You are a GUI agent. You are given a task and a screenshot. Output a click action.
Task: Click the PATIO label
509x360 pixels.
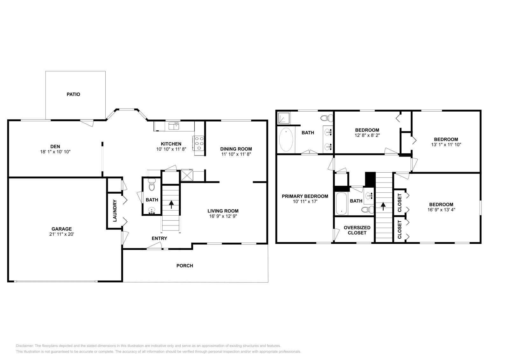coord(73,94)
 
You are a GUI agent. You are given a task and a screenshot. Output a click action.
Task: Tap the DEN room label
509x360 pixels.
coord(55,147)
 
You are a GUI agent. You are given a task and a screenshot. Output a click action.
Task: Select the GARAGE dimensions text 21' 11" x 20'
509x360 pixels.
coord(62,234)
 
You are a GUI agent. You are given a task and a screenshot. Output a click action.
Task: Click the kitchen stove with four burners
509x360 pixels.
coord(198,143)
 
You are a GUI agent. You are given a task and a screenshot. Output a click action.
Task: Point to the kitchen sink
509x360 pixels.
coord(174,126)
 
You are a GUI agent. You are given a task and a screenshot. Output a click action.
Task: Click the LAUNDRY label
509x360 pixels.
coord(115,211)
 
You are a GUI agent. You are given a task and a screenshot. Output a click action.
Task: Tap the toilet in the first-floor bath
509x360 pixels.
coord(151,184)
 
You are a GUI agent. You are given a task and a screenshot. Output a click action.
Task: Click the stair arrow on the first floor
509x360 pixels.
coord(171,204)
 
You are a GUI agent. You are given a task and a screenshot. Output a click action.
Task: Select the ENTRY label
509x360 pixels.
coord(159,238)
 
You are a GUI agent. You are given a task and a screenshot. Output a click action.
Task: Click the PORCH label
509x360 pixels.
coord(185,266)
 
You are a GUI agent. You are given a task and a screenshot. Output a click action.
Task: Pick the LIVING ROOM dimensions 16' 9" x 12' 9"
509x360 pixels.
coord(223,216)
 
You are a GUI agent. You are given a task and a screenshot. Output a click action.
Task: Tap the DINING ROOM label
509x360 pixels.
coord(236,149)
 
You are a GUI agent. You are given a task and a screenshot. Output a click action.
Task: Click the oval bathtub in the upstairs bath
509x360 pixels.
coord(286,140)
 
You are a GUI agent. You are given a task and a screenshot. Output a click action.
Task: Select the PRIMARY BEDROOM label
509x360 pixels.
coord(305,196)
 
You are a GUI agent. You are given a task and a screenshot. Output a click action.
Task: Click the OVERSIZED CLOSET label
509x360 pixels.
coord(357,230)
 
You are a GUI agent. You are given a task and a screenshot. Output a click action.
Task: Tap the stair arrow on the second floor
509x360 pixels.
coord(383,206)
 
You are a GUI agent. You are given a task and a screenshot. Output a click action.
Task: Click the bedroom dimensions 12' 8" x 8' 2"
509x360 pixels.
coord(367,135)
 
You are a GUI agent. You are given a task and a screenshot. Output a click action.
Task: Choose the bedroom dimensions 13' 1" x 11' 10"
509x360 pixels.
coord(446,145)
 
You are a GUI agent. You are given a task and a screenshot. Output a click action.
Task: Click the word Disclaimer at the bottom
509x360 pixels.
coord(25,346)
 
